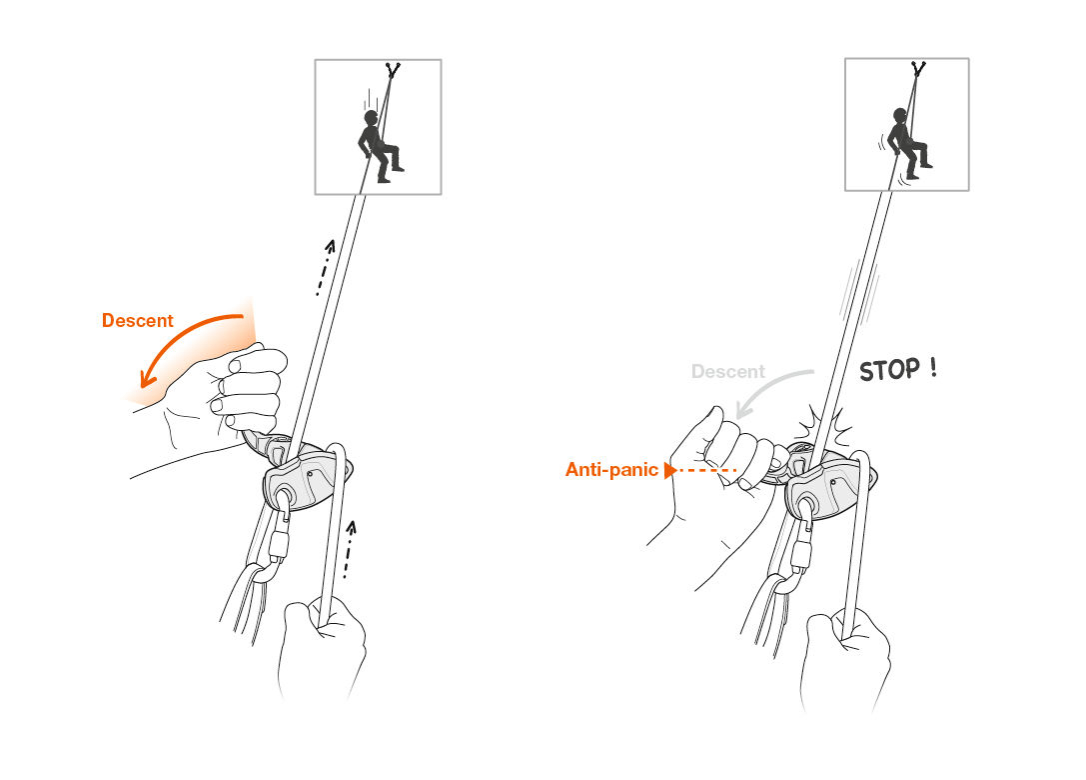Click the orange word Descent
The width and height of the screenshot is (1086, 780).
(x=137, y=321)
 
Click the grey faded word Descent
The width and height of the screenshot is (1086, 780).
(x=727, y=372)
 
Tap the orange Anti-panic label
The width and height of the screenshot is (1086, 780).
(x=611, y=469)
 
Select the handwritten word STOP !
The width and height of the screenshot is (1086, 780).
(x=898, y=369)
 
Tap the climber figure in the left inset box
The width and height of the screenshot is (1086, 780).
(x=377, y=146)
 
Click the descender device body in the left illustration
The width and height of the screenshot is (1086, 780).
(x=300, y=478)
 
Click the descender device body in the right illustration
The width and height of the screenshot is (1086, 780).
(x=821, y=490)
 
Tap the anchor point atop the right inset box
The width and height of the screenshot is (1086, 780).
(x=918, y=69)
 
